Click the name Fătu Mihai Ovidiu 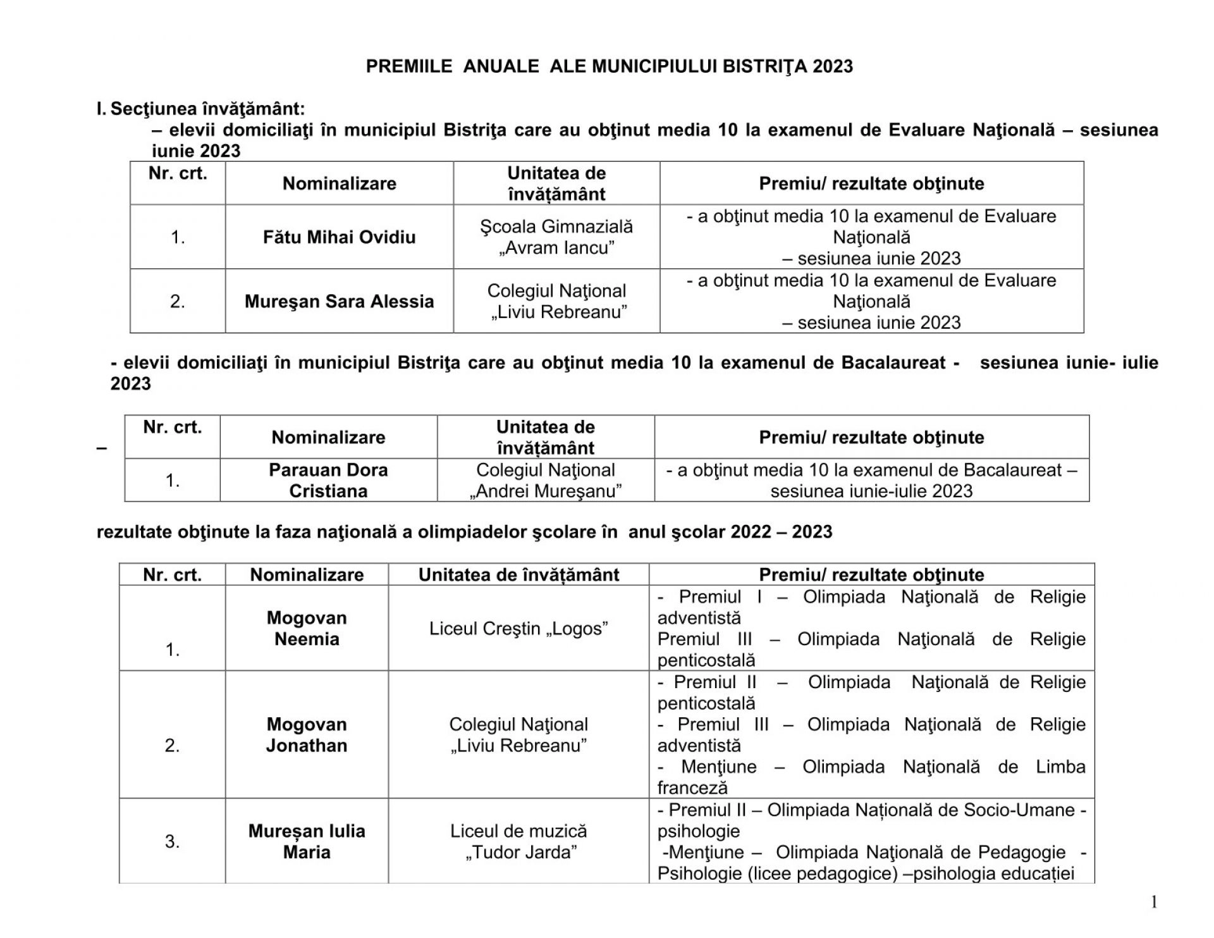(339, 237)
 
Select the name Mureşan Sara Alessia (339, 301)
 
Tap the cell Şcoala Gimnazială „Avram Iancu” (556, 237)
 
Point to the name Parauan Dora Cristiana (328, 480)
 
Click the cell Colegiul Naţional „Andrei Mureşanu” (546, 480)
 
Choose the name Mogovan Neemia (307, 628)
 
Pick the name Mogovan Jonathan (307, 734)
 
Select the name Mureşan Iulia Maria (307, 841)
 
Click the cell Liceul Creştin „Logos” (518, 628)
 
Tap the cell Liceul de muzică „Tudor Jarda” (518, 841)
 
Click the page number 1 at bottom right (1154, 903)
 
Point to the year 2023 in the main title (833, 66)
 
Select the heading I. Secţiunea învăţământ (200, 109)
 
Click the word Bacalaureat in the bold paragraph (893, 362)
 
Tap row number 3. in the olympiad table (172, 841)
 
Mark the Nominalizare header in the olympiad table (307, 574)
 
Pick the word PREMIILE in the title (409, 66)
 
